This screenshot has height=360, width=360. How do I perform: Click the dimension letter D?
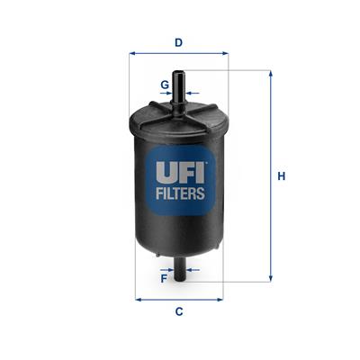(x=179, y=41)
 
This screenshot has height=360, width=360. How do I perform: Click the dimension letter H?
(x=281, y=176)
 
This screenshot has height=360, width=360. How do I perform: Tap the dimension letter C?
(x=178, y=311)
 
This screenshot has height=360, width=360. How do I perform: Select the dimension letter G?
(x=164, y=85)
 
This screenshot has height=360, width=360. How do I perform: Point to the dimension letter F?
(x=163, y=278)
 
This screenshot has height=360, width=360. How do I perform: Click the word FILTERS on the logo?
(x=178, y=193)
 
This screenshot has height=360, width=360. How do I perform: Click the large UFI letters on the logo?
(x=178, y=168)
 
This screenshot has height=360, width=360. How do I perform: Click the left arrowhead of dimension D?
(x=133, y=53)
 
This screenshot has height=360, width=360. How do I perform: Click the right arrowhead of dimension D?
(x=226, y=53)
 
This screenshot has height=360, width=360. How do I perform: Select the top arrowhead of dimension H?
(x=269, y=73)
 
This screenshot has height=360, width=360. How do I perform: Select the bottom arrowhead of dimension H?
(x=269, y=281)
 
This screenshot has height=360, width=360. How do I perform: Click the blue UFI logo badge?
(x=178, y=177)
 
